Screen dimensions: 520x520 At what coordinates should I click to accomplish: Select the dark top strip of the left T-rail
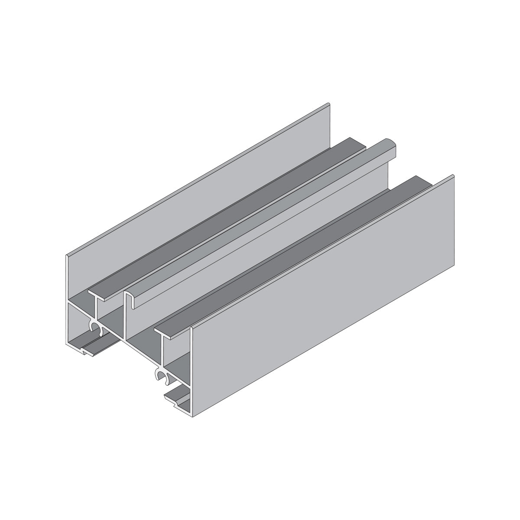click(225, 217)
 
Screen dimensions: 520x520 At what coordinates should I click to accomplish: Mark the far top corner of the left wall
click(329, 104)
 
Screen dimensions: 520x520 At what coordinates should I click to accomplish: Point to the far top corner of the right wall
click(453, 175)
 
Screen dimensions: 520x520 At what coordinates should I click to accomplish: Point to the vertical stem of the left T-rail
click(96, 310)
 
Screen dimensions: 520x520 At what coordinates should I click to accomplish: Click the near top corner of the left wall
click(67, 256)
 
